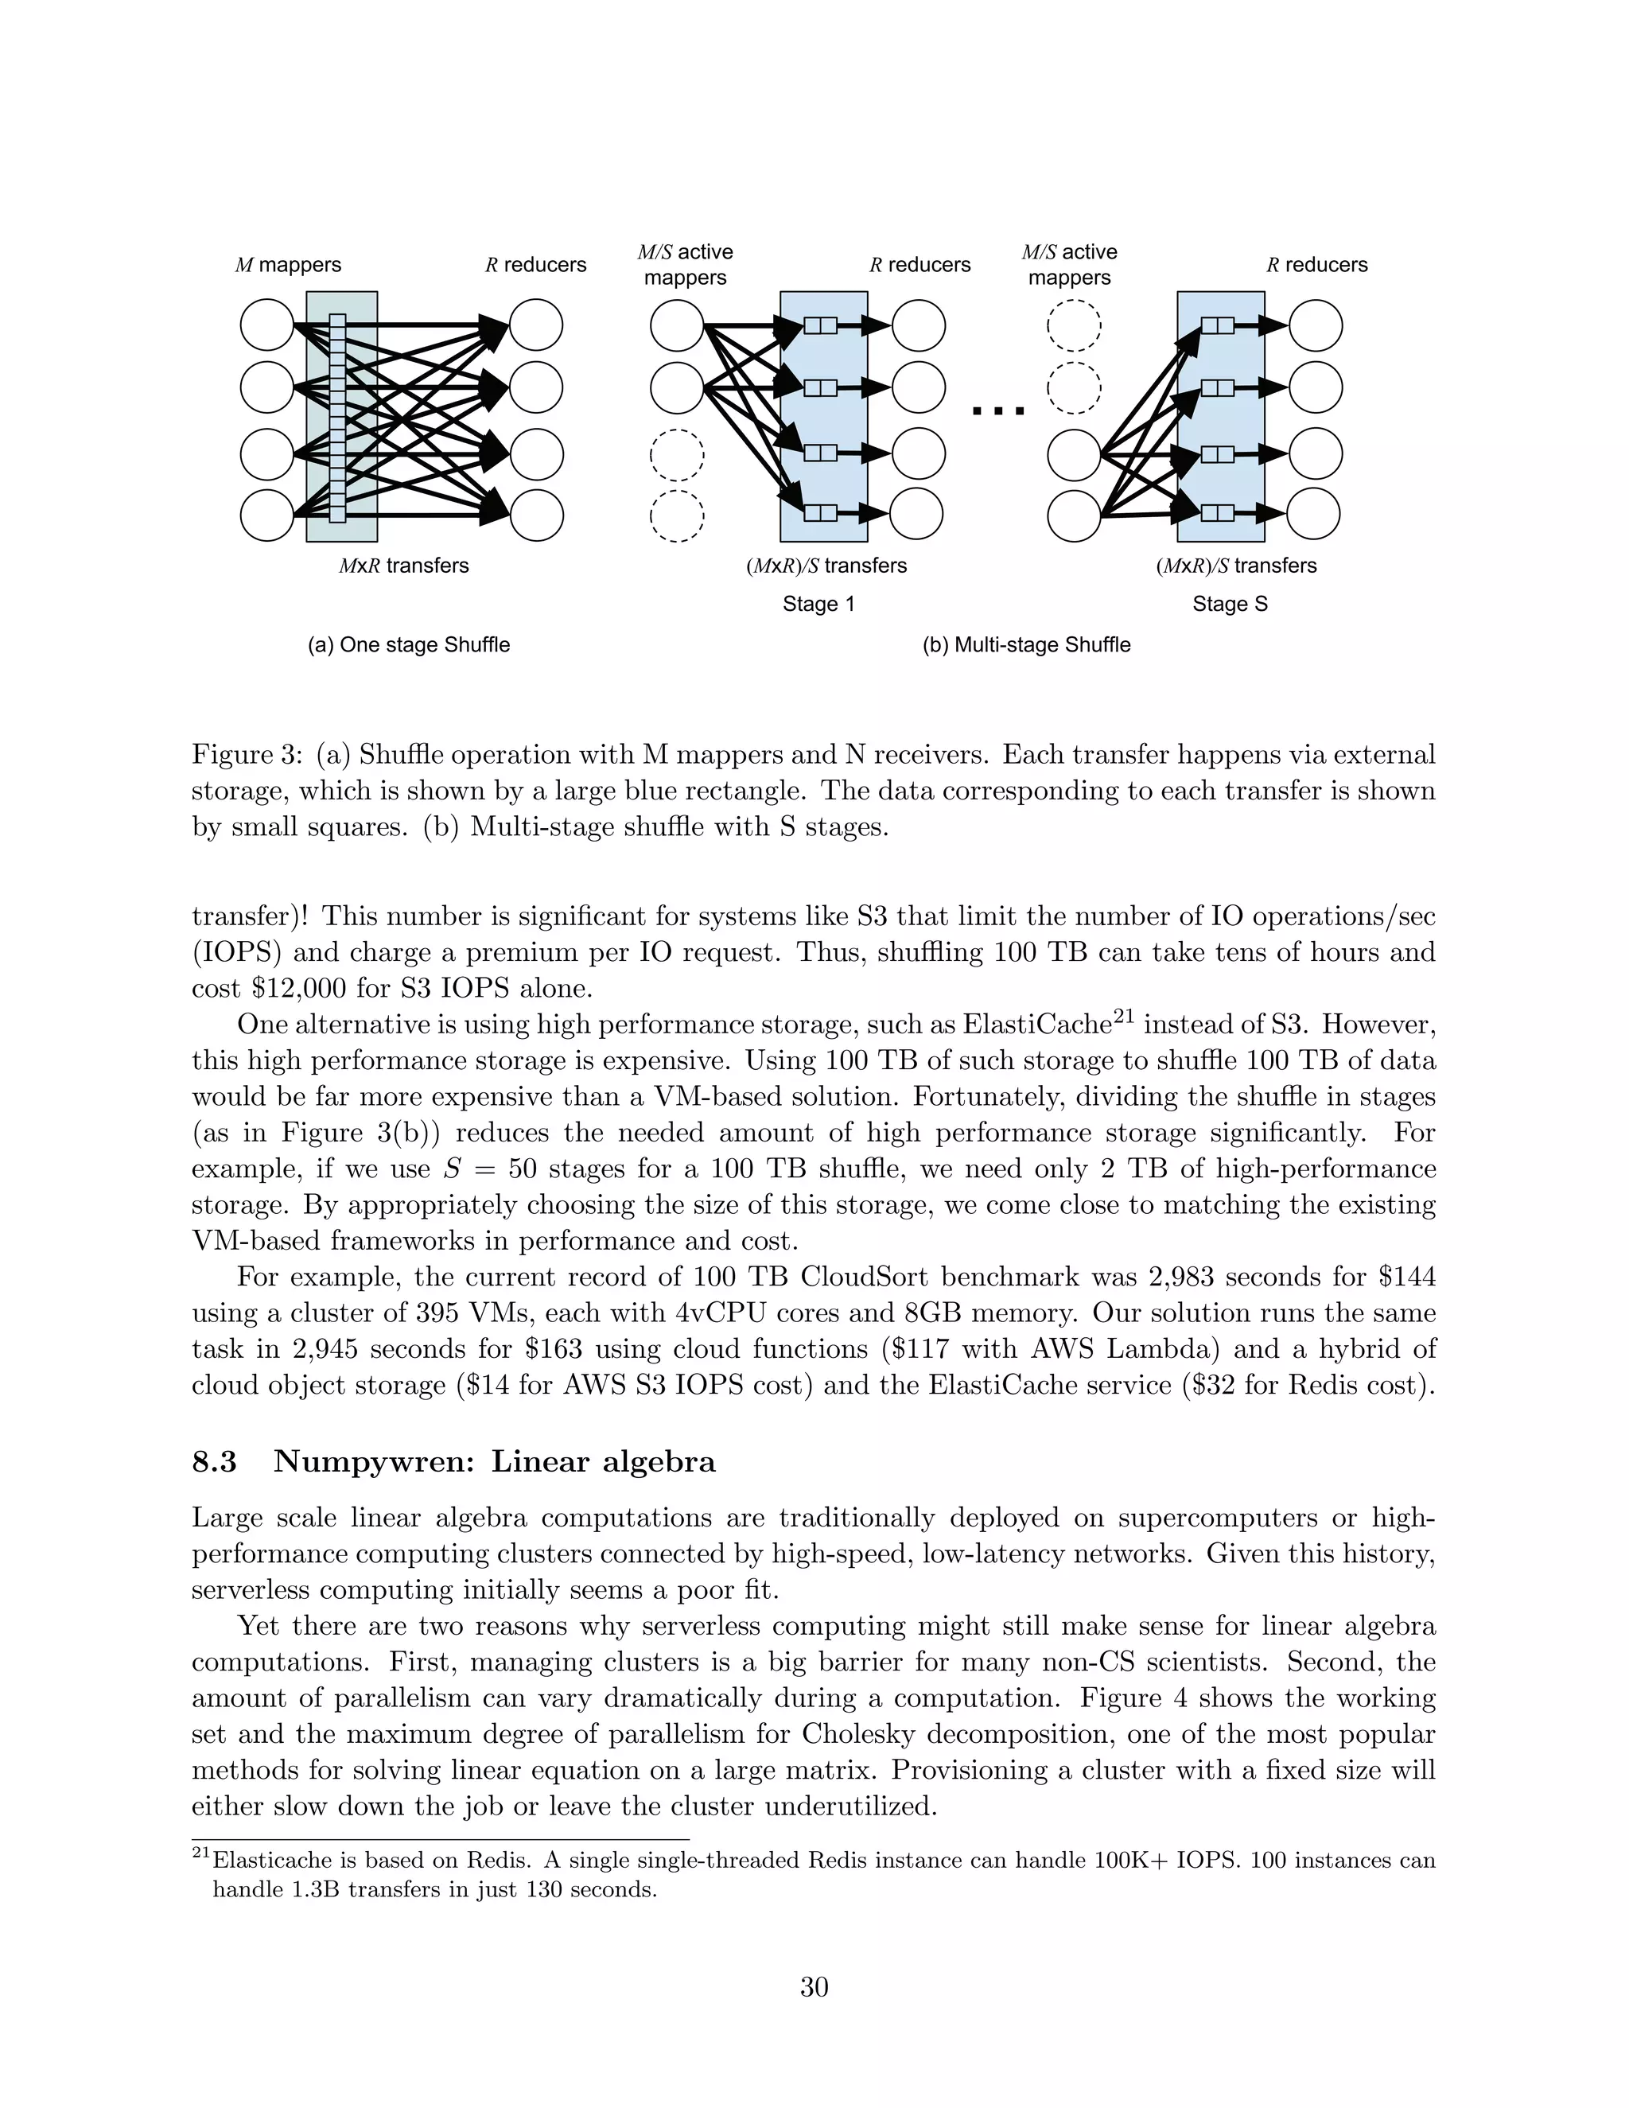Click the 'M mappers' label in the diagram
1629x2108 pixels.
pos(288,264)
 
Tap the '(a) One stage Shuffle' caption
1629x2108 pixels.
pos(408,645)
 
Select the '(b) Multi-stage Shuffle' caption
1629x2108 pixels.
pos(1026,645)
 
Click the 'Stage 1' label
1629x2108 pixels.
pos(818,605)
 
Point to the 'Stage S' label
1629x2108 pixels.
pos(1230,605)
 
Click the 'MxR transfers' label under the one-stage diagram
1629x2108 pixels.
pos(403,566)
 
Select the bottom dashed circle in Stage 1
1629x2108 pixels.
pos(677,515)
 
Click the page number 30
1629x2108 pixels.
pos(814,1987)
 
